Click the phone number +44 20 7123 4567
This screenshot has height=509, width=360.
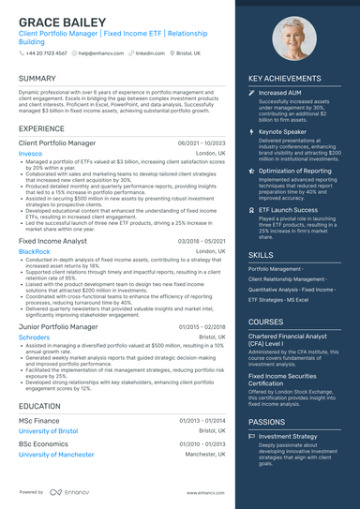pos(46,53)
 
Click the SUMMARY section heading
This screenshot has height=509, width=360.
pos(37,78)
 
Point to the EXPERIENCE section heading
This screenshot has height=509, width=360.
pos(41,127)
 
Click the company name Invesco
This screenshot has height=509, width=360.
pos(30,153)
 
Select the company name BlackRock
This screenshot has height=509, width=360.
pos(35,251)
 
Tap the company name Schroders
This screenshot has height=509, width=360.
pos(35,337)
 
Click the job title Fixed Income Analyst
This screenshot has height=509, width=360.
pos(53,241)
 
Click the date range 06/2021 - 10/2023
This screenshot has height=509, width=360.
pos(202,143)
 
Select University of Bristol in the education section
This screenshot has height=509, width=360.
pos(49,431)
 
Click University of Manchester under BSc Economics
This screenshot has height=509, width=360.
pos(56,454)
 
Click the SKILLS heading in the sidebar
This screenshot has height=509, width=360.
pos(262,254)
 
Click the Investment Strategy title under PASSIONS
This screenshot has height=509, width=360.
pos(288,436)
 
